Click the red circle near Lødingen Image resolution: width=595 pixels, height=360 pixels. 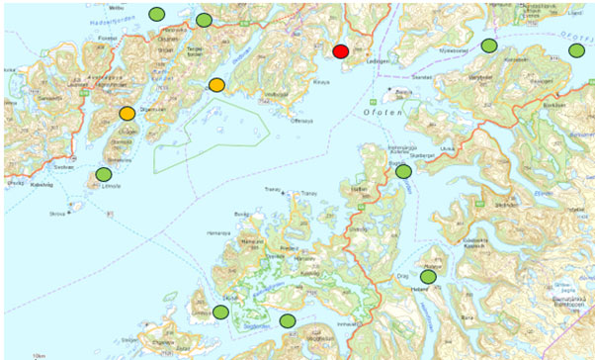tap(341, 51)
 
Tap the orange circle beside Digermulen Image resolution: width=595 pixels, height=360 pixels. tap(127, 114)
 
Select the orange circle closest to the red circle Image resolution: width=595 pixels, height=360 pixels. tap(216, 85)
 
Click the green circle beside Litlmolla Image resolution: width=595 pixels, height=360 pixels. tap(104, 175)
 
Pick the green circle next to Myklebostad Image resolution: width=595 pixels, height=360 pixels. tap(488, 45)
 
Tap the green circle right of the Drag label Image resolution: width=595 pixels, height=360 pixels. tap(428, 264)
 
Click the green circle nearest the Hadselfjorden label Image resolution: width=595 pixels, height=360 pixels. tap(156, 13)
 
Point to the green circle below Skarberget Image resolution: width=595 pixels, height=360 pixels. tap(403, 171)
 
